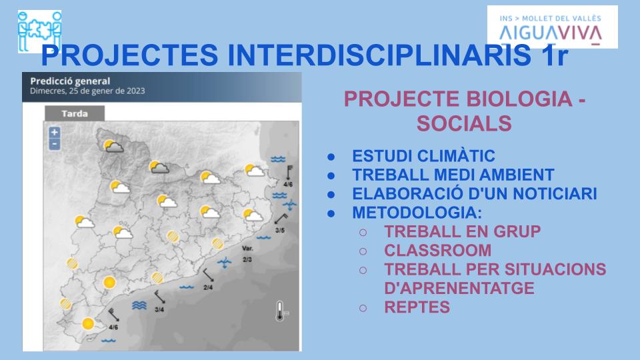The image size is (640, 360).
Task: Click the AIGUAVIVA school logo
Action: pos(552,27)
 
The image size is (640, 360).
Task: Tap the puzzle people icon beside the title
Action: pos(39,31)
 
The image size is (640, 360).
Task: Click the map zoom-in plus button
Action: pos(55,132)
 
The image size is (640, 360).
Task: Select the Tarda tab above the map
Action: pos(75,113)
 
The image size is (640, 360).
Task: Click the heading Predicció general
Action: pos(70,81)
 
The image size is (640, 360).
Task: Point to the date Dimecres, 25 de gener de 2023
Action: pos(87,91)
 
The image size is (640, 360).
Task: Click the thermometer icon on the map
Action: pos(280,311)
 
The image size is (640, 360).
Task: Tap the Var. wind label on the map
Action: pos(247,248)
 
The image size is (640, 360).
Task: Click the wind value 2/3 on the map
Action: pos(247,259)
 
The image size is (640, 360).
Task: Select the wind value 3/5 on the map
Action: pos(280,230)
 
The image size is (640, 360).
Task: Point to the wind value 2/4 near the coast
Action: pos(208,287)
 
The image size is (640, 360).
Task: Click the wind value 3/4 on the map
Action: pos(159,310)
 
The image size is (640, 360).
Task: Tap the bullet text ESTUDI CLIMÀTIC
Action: pos(424,156)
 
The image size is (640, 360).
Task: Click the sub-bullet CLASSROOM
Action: pos(437,251)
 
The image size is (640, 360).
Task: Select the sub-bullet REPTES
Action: pos(417,307)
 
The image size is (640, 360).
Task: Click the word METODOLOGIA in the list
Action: pos(415,213)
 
